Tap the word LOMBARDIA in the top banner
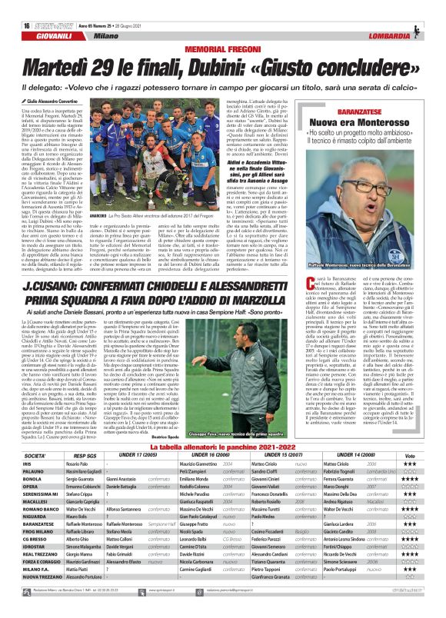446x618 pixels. (414, 14)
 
